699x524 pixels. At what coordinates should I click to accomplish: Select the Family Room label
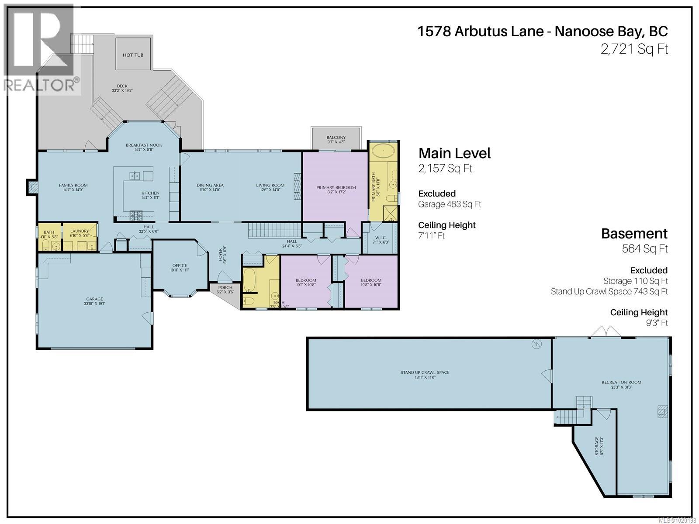[73, 185]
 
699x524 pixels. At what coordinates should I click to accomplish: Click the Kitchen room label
[150, 193]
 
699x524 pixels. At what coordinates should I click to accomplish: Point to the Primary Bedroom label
[336, 187]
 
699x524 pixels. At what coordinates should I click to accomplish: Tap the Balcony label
[336, 138]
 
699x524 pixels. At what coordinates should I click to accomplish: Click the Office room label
[180, 265]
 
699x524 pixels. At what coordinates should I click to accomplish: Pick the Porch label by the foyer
[225, 287]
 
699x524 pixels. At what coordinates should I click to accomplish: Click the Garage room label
[94, 299]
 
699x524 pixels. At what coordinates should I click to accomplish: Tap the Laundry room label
[80, 231]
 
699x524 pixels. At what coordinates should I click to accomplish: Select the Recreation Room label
[621, 382]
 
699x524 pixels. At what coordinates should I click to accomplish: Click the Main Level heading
[454, 153]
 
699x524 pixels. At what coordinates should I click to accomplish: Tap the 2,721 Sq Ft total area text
[634, 49]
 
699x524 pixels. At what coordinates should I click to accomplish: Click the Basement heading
[634, 234]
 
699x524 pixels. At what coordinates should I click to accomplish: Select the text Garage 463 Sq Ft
[450, 204]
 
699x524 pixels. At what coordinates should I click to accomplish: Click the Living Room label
[270, 185]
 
